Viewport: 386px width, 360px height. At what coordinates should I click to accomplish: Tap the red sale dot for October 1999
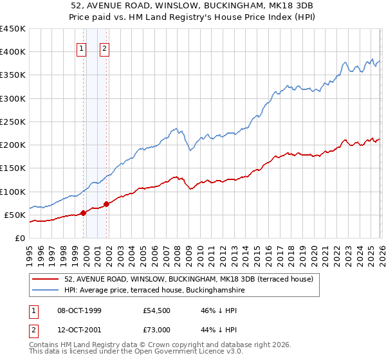click(x=83, y=213)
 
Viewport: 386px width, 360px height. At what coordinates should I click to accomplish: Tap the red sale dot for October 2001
click(x=106, y=204)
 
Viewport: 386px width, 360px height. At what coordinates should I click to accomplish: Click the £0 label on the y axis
click(x=21, y=238)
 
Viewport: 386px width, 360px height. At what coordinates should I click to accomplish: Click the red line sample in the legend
click(x=46, y=279)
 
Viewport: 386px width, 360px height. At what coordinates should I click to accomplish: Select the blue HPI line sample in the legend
click(x=46, y=291)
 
